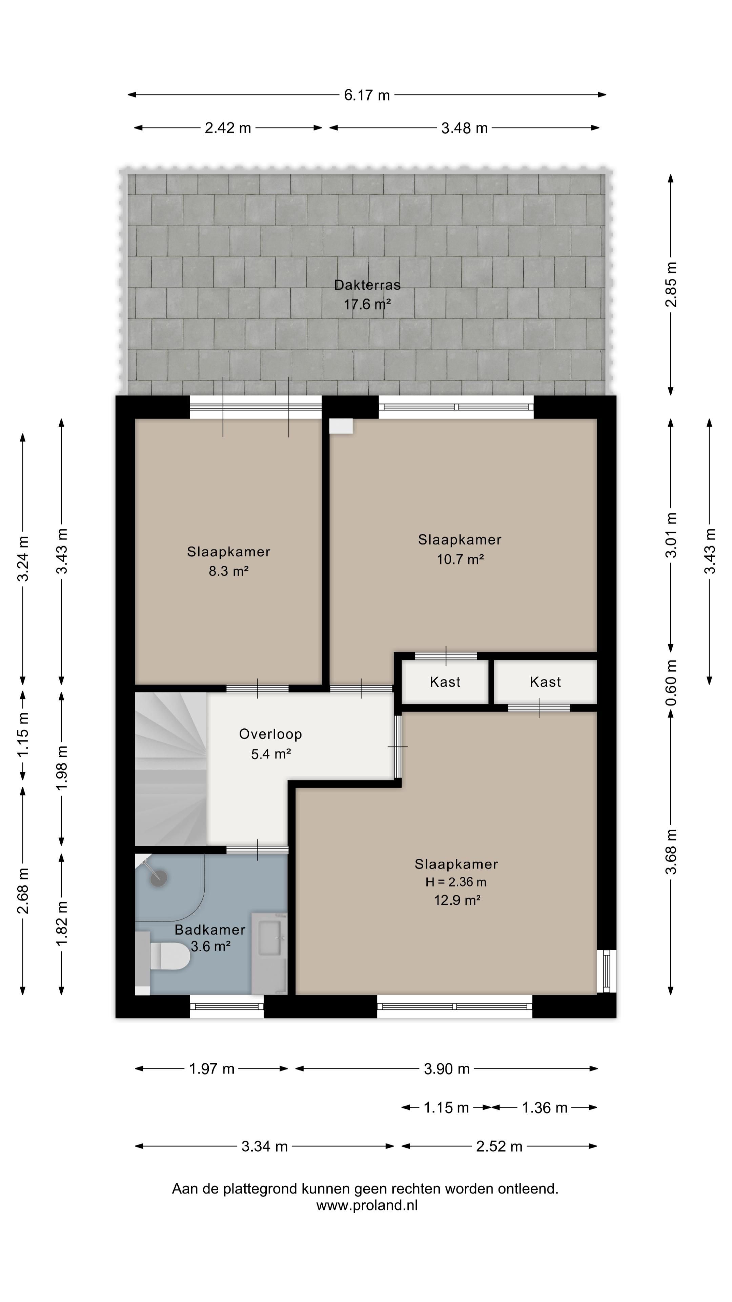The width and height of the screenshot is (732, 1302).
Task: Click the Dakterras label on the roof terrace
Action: point(367,285)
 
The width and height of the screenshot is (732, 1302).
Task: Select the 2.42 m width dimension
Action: point(228,128)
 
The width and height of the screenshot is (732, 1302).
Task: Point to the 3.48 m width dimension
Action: point(464,128)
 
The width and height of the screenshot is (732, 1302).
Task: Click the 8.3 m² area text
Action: point(229,571)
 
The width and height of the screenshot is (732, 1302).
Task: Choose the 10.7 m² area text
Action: point(460,559)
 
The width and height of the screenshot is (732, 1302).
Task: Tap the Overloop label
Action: point(271,734)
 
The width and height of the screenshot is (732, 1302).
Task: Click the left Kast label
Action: point(445,682)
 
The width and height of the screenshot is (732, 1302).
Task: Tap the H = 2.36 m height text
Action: point(456,882)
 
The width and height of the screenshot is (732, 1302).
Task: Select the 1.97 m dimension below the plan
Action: point(212,1068)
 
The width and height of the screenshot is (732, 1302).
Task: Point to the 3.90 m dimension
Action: point(447,1068)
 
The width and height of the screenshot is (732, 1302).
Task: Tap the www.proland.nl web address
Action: point(367,1205)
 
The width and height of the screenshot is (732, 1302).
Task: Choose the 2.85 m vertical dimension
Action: point(671,284)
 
